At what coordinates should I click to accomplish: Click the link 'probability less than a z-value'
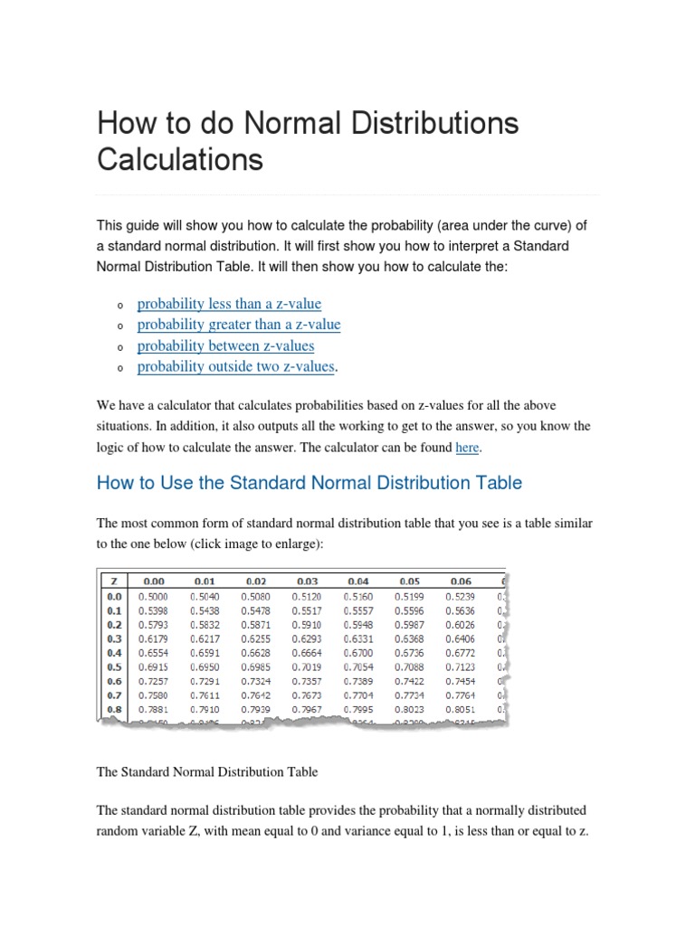tap(229, 304)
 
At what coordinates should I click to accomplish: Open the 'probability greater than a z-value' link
tap(239, 325)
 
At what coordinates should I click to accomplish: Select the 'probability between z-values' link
tap(225, 345)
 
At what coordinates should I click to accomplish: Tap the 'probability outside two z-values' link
tap(235, 366)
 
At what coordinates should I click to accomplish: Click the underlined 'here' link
tap(467, 448)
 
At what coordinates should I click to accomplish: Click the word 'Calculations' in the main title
tap(180, 160)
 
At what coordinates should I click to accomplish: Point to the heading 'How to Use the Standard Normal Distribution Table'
tap(309, 483)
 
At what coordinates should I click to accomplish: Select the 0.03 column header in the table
tap(307, 581)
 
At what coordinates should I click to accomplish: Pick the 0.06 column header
tap(461, 581)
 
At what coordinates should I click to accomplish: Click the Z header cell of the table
tap(113, 581)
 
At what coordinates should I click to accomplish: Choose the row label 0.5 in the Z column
tap(113, 666)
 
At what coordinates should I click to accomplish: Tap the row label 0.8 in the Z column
tap(113, 709)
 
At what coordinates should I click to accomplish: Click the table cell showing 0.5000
tap(153, 596)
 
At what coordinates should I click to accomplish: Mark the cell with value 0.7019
tap(307, 666)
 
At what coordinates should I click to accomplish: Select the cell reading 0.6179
tap(153, 638)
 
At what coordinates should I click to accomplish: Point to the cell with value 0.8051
tap(461, 709)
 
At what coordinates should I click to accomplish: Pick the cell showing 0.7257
tap(153, 681)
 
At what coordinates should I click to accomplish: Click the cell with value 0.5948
tap(358, 624)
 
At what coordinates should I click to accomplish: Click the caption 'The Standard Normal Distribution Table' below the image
tap(207, 772)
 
